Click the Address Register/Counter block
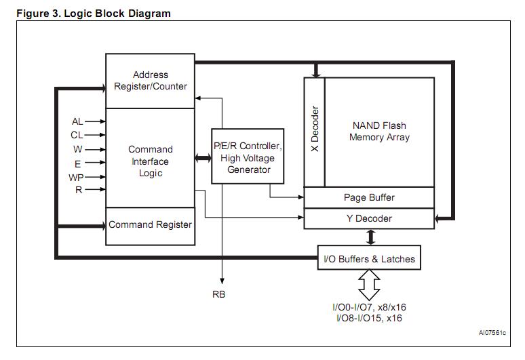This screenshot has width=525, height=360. pos(150,81)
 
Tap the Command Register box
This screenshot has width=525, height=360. pos(150,225)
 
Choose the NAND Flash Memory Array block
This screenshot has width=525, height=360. pos(379,132)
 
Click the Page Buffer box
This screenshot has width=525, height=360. pos(368,197)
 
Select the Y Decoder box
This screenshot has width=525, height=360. pos(368,218)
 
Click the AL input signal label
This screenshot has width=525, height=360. pos(77,121)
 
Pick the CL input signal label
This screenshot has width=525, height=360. pos(77,135)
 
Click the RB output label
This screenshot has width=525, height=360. pos(218,294)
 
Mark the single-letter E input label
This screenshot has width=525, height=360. pos(79,163)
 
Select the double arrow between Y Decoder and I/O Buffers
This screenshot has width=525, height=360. pos(371,237)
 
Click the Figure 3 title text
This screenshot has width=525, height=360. pos(94,13)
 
